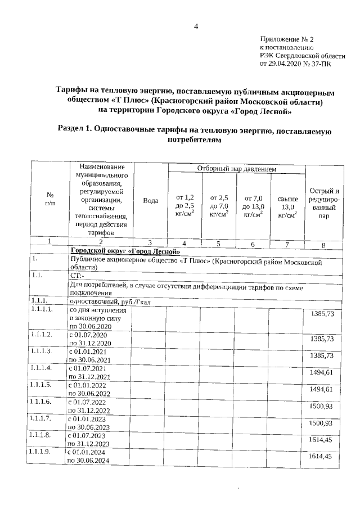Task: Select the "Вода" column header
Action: (x=150, y=200)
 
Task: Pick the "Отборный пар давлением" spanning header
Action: (x=236, y=169)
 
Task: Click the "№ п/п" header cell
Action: (x=49, y=199)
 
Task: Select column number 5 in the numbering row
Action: (x=219, y=243)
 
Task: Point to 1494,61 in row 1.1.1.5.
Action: (x=322, y=389)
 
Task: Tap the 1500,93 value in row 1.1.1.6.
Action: (x=322, y=406)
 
